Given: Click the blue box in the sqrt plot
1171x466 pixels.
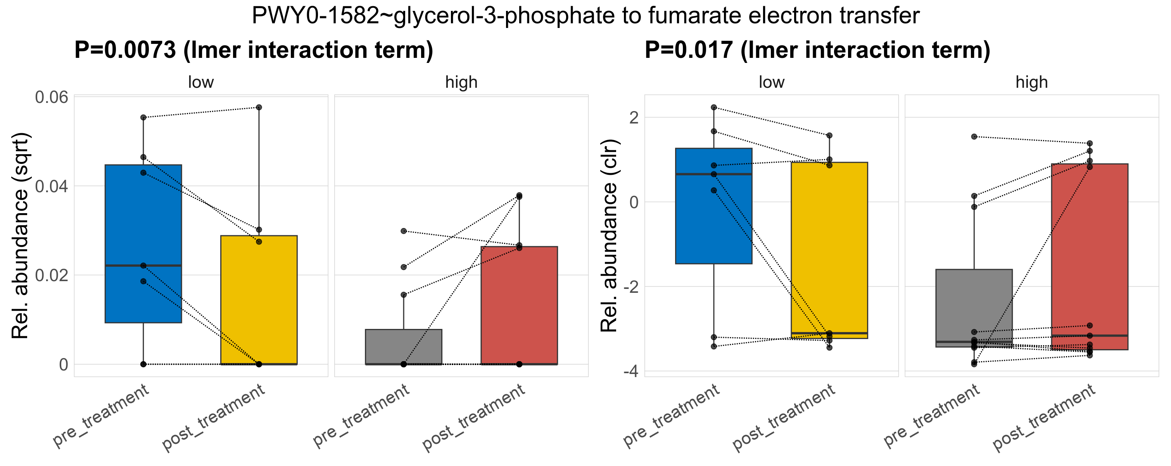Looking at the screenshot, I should (x=143, y=214).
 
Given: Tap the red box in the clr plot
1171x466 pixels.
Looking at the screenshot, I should (x=1089, y=255).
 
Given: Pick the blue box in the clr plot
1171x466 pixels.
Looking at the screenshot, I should (x=714, y=218).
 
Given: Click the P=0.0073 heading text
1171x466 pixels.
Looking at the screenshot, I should (x=254, y=50).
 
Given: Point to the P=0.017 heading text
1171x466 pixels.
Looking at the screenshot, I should (x=817, y=50).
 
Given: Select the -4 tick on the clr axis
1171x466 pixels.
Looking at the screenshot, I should (x=630, y=372).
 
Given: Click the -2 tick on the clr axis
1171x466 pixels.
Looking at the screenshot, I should (x=630, y=287).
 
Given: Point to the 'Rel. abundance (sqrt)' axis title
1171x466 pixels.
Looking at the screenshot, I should (x=21, y=236).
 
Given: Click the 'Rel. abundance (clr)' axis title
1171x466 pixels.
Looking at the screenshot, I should (x=609, y=236).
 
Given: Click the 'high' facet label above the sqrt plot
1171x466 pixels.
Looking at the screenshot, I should (x=461, y=82).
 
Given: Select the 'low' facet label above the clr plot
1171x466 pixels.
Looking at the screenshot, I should (x=771, y=82).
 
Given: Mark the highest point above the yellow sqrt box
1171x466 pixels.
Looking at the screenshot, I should (x=259, y=108).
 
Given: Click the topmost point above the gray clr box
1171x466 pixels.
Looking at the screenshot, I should (x=974, y=137).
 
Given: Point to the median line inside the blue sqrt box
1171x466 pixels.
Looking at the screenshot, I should (x=143, y=265).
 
